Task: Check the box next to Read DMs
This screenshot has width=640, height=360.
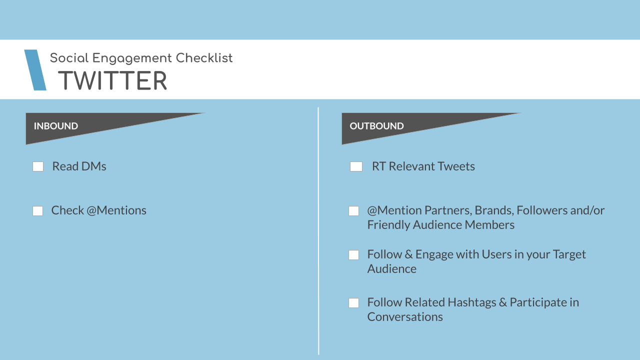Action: pos(38,166)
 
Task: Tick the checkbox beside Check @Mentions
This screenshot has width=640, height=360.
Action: pos(37,211)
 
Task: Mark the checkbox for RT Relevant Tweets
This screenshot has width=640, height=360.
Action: pos(356,166)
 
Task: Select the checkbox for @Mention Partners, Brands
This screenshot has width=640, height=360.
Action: pos(353,211)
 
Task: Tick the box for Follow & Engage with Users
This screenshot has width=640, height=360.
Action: pos(353,255)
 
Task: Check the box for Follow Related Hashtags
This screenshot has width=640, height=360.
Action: pos(353,303)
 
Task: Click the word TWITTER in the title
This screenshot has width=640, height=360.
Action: pos(112,80)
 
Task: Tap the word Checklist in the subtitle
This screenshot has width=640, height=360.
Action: pos(204,58)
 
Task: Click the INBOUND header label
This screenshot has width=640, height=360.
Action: pos(56,126)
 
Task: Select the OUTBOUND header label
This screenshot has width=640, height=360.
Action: pos(376,126)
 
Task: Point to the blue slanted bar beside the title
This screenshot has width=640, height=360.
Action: pos(35,70)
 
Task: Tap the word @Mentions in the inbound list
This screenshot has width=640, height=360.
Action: pos(116,210)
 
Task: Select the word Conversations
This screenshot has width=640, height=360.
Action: pos(405,317)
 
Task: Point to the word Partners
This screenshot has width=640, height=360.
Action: pos(448,210)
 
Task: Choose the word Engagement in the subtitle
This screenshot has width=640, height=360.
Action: pos(132,58)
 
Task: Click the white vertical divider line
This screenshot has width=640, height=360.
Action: pos(318,231)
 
